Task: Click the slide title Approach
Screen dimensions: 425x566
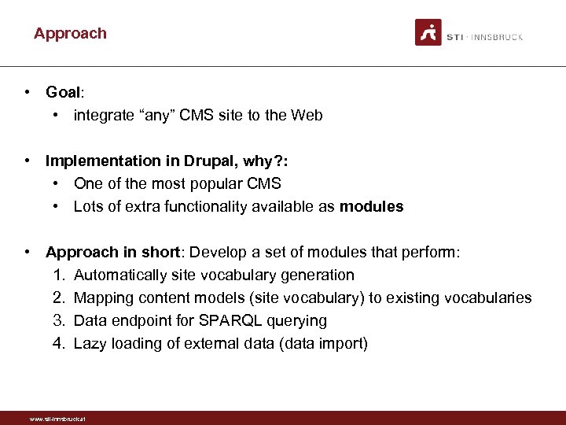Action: pyautogui.click(x=70, y=34)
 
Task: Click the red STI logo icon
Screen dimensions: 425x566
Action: pyautogui.click(x=428, y=33)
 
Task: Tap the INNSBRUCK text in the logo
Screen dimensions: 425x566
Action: pyautogui.click(x=499, y=37)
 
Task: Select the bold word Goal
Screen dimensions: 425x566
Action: pyautogui.click(x=63, y=92)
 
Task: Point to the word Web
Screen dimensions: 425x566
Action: pyautogui.click(x=307, y=116)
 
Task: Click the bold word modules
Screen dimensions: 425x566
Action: pyautogui.click(x=371, y=207)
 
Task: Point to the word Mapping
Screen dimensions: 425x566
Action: pyautogui.click(x=102, y=298)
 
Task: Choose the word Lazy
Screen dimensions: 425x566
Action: pyautogui.click(x=90, y=344)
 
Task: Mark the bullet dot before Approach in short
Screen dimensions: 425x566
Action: pyautogui.click(x=28, y=252)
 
